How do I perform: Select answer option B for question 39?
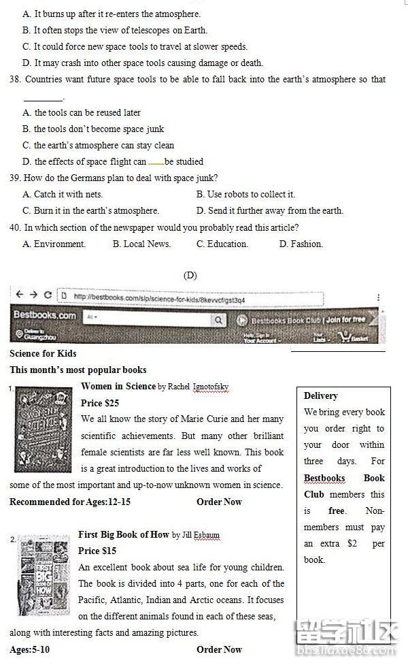[245, 195]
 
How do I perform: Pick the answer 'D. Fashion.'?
[301, 244]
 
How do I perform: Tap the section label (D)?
[190, 276]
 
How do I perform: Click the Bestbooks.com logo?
[45, 317]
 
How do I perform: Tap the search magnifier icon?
[218, 319]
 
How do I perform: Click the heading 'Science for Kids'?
[43, 353]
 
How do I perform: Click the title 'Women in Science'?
[118, 386]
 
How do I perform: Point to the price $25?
[100, 403]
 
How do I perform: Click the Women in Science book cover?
[43, 429]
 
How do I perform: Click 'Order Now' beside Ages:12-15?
[219, 502]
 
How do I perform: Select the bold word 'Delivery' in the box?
[320, 395]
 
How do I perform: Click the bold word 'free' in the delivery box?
[336, 510]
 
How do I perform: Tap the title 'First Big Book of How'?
[123, 534]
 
